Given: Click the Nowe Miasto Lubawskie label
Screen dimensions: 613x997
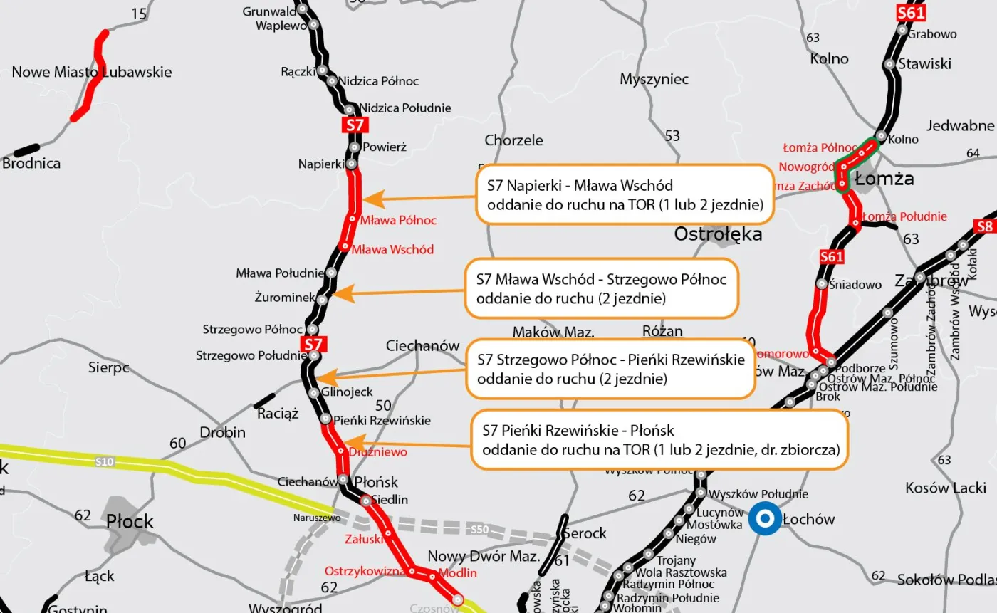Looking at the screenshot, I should coord(91,73).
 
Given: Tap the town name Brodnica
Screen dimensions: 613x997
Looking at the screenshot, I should coord(31,163).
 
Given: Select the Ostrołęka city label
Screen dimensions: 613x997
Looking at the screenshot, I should coord(718,234).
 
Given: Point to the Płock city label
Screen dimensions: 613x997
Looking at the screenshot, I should coord(130,521).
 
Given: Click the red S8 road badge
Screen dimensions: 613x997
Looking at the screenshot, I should coord(985,227).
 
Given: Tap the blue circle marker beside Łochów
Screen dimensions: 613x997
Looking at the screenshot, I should coord(763,518).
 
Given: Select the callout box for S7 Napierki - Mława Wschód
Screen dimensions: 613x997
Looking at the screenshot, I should coord(624,195).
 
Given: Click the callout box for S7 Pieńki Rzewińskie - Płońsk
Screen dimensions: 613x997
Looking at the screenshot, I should coord(659,440).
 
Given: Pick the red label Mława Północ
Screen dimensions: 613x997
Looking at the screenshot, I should coord(398,221).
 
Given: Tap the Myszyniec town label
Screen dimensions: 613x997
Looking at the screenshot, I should coord(654,79).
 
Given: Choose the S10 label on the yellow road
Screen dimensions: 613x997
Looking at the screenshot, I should coord(104,462).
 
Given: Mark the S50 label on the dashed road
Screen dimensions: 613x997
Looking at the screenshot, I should coord(479,530).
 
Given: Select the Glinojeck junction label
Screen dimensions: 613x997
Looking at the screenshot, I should coord(347,392).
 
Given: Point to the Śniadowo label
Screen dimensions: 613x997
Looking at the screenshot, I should coord(855,284).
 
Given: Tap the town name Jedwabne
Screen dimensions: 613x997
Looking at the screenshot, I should coord(959,126).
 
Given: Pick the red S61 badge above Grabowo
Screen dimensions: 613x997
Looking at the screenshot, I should coord(911,13).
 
